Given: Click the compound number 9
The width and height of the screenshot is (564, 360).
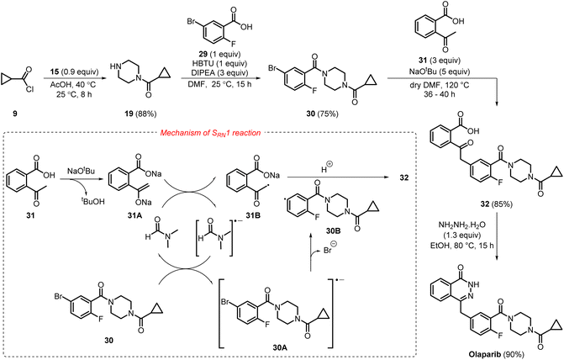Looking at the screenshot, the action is [15, 114].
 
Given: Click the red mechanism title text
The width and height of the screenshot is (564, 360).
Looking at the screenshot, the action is [210, 133].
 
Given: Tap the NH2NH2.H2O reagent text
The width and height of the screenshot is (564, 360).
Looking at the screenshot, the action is [461, 225].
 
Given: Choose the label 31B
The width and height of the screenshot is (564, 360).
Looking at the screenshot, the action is [253, 215].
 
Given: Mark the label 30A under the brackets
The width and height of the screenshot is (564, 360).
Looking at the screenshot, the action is [280, 347].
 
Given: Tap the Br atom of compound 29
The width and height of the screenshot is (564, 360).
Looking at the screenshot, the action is [191, 21].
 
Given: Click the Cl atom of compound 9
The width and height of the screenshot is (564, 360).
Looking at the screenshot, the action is [29, 88].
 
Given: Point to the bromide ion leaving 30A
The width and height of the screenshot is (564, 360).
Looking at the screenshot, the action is [329, 249].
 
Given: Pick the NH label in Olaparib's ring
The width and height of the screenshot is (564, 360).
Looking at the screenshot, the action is [464, 284].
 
